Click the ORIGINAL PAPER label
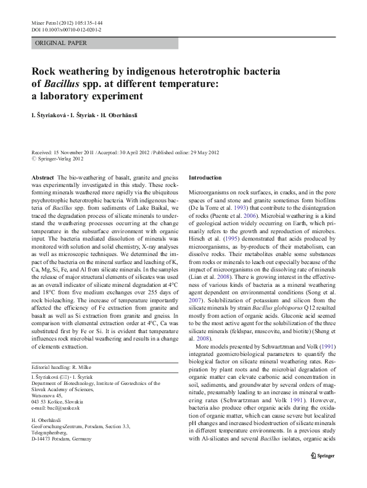(x=61, y=43)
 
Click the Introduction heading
(x=205, y=177)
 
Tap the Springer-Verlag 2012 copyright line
(x=59, y=159)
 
